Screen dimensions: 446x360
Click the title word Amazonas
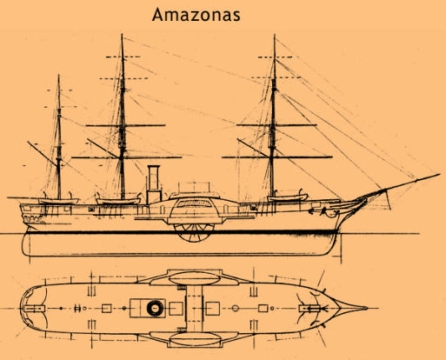(196, 15)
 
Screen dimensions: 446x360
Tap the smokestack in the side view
(154, 184)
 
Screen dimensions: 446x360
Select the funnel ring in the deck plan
(155, 308)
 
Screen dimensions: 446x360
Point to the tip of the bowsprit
(439, 174)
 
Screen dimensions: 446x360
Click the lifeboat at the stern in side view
(59, 201)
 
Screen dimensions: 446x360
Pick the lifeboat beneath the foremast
(287, 198)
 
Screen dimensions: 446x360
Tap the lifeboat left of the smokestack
(118, 201)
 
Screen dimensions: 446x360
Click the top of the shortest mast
(59, 75)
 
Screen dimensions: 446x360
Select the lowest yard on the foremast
(277, 157)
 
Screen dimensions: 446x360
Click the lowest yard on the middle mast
(126, 157)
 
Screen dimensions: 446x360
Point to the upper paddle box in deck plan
(194, 277)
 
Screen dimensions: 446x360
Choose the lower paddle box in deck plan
(194, 339)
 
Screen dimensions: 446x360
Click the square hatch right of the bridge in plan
(212, 309)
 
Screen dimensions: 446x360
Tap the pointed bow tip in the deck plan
(367, 308)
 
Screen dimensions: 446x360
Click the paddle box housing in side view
(194, 210)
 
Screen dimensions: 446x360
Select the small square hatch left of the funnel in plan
(107, 309)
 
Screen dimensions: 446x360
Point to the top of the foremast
(275, 35)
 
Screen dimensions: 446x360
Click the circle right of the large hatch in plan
(236, 308)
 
